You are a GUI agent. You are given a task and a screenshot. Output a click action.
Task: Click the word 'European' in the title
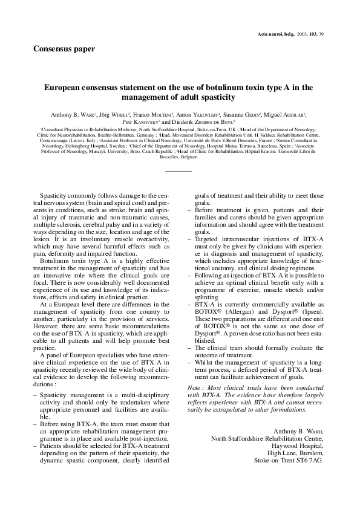tap(65, 88)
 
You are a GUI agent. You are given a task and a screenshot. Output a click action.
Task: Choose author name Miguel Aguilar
tap(287, 114)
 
